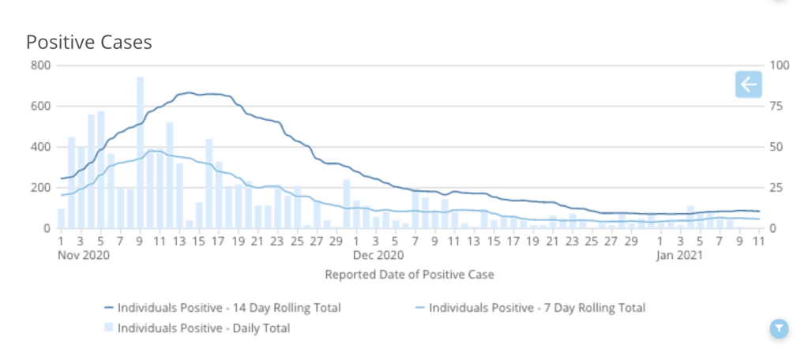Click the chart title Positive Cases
coord(88,43)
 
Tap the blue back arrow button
coord(748,84)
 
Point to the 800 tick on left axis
coord(40,65)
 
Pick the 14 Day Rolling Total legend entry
coord(228,308)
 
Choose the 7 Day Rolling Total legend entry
coord(536,308)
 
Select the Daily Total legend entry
coord(203,328)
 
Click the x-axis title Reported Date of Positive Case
coord(409,275)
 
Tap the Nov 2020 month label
coord(83,256)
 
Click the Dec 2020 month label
coord(378,256)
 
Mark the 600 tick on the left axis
coord(40,106)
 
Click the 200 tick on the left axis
coord(40,188)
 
